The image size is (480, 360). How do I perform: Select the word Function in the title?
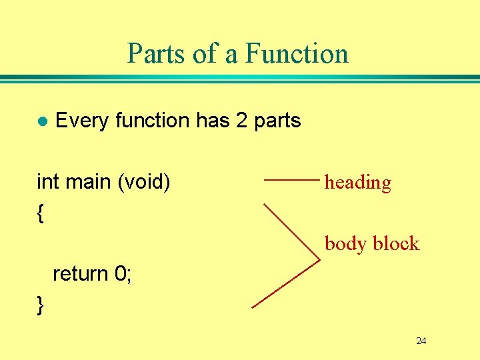297,53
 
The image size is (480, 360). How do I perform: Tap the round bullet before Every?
42,121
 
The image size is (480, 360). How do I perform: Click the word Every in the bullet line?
83,121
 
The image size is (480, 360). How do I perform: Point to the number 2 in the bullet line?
241,121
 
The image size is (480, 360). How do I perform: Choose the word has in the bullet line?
212,121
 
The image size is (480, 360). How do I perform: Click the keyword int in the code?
47,181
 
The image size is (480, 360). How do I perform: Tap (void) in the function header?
143,181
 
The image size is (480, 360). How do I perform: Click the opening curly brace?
41,213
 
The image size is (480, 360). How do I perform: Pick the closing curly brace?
41,305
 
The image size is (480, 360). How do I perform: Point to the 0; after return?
123,273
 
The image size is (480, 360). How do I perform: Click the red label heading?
357,182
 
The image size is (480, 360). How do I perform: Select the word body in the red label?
345,243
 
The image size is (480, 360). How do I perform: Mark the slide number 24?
421,341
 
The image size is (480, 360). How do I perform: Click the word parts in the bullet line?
277,121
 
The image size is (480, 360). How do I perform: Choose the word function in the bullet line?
153,121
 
